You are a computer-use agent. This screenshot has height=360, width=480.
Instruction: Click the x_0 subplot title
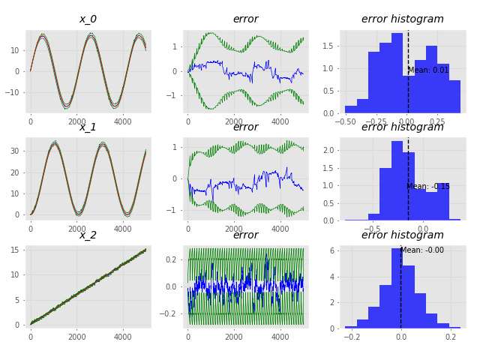(88, 19)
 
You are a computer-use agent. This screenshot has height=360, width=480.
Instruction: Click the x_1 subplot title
(88, 127)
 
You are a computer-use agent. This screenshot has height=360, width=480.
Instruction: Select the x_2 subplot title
(88, 235)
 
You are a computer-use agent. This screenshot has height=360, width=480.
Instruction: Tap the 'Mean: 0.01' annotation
(428, 70)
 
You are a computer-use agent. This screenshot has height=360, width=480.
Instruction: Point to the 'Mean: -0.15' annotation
(428, 187)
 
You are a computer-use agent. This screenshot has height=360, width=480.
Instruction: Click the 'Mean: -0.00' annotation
(421, 250)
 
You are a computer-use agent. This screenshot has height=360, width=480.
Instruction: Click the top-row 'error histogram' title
(403, 19)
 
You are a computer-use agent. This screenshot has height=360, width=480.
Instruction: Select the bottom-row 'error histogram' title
(403, 235)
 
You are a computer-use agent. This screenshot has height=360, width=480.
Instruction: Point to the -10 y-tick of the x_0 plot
(15, 93)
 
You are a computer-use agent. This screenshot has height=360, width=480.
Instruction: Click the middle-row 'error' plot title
(245, 127)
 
